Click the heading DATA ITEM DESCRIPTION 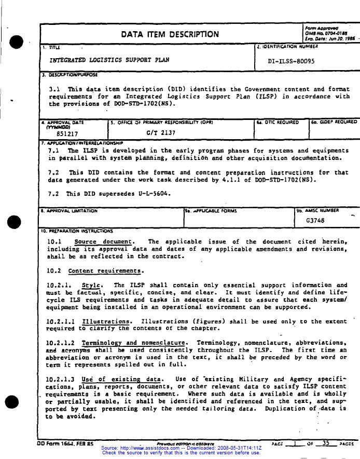[170, 35]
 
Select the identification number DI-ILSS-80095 [291, 61]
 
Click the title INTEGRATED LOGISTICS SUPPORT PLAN [109, 60]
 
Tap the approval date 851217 [67, 133]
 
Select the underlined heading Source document [104, 241]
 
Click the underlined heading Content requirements [105, 271]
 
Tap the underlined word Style [91, 285]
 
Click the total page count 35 [326, 443]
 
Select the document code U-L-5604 [154, 194]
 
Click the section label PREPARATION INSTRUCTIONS [78, 230]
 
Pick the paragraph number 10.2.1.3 [60, 379]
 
